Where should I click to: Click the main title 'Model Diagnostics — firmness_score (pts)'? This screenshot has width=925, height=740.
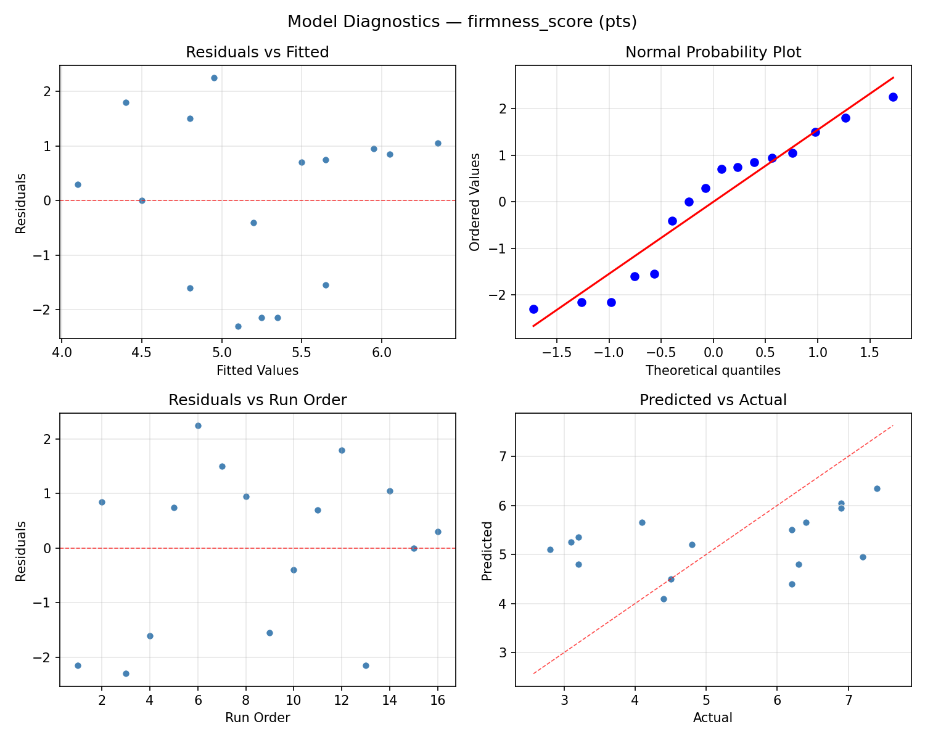pos(462,22)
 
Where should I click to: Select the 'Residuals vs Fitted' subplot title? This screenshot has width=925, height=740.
pos(257,52)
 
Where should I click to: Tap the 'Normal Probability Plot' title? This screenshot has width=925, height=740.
pos(713,52)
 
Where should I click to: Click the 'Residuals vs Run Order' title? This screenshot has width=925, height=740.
pos(257,400)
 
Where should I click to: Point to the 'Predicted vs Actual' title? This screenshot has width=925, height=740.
pos(713,400)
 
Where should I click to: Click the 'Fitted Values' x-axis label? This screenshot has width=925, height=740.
pos(257,371)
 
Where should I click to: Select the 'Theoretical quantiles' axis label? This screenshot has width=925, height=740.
pos(713,371)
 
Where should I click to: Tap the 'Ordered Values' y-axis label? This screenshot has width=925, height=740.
pos(474,202)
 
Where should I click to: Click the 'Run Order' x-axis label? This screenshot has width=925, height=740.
pos(257,718)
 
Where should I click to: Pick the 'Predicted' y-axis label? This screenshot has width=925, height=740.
pos(487,551)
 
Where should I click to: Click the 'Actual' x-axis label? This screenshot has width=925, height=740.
pos(713,718)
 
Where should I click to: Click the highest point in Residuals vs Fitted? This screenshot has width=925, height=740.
pos(214,78)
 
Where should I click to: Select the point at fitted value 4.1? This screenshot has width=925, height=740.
pos(78,184)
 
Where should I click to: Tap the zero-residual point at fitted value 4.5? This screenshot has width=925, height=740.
pos(142,200)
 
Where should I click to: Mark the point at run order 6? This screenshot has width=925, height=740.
pos(198,425)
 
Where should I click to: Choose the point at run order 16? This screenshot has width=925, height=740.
pos(438,532)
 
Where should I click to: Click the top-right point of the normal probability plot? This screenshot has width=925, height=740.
pos(893,97)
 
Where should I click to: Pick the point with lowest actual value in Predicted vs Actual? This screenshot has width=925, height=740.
pos(550,549)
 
